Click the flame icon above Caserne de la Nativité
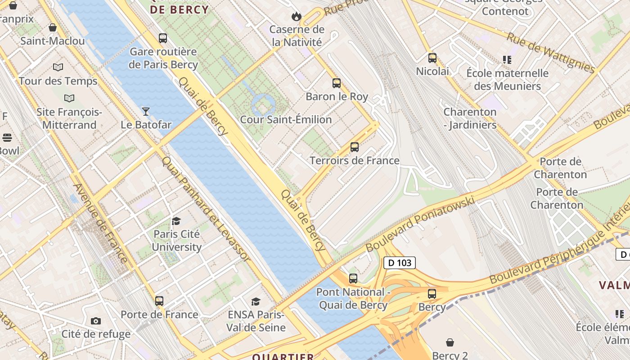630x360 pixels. point(296,17)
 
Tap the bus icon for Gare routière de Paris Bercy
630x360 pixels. point(163,38)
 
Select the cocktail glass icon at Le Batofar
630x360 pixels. point(146,111)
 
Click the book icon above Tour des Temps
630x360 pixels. point(58,67)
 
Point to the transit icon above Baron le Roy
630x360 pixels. point(337,83)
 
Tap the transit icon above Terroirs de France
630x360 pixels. point(355,147)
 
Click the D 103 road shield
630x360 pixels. point(399,263)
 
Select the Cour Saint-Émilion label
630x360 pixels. point(286,120)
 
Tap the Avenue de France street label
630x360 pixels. point(100,223)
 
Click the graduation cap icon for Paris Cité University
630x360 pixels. point(176,221)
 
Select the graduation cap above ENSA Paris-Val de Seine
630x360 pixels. point(256,301)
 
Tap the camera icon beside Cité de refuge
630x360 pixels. point(96,321)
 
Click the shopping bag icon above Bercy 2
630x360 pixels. point(450,342)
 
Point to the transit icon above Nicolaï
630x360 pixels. point(432,58)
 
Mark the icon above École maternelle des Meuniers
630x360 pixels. point(507,60)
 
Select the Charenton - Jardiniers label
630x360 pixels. point(470,118)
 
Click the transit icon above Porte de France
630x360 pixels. point(159,301)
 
